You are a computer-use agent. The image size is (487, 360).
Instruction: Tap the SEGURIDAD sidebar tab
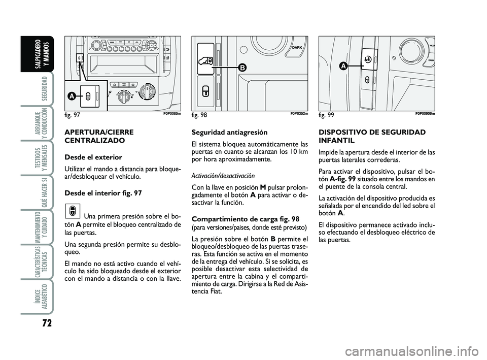(44, 87)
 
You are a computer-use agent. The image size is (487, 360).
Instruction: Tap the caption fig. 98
(200, 115)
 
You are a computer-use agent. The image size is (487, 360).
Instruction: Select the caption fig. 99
(327, 115)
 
